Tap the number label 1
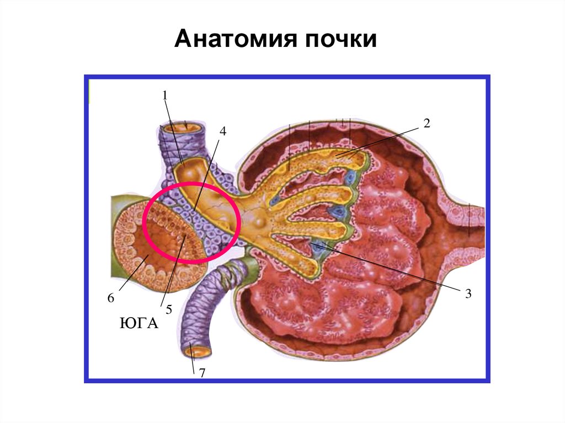(x=164, y=95)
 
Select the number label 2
(x=426, y=123)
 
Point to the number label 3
(x=468, y=294)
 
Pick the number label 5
(x=169, y=310)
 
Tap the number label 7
(x=202, y=373)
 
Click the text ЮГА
(x=138, y=323)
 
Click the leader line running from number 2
(x=381, y=142)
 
